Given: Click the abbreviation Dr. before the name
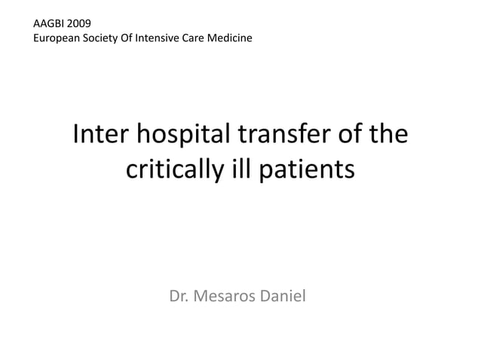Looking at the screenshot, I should [180, 295].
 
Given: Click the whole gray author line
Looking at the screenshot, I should [237, 295].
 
